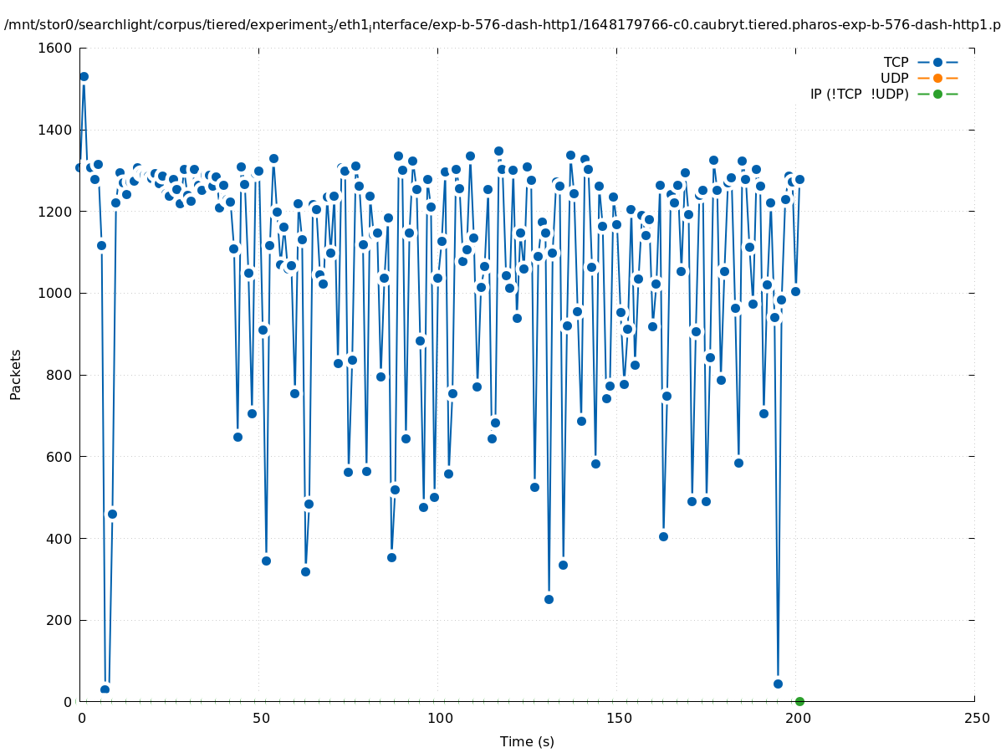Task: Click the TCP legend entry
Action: click(896, 62)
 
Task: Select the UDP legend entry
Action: click(894, 78)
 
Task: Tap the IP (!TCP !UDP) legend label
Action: click(859, 94)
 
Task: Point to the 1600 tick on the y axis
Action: click(56, 48)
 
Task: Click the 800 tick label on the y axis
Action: click(60, 375)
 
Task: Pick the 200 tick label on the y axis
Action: click(60, 620)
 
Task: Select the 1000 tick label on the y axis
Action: click(56, 293)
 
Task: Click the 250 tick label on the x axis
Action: click(976, 719)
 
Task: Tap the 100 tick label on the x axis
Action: click(439, 719)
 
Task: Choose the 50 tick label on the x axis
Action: click(260, 719)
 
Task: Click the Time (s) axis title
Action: click(527, 742)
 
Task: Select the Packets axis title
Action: click(16, 374)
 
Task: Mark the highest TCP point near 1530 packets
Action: click(84, 76)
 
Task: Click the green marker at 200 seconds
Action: click(799, 701)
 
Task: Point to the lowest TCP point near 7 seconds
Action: click(105, 689)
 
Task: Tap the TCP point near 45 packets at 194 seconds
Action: click(778, 684)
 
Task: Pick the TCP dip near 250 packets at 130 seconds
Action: click(549, 599)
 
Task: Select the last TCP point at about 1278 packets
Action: click(799, 179)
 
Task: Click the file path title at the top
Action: click(502, 25)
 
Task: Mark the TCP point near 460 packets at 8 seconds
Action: click(112, 514)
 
